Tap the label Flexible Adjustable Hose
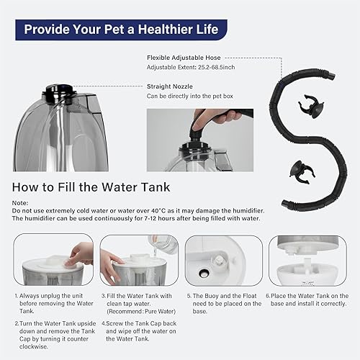coord(183,56)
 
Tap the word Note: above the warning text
coord(21,203)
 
